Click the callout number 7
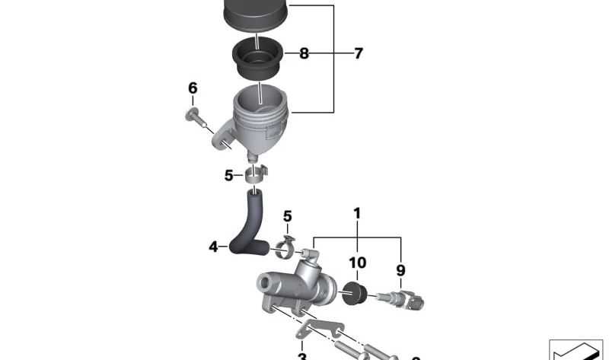[358, 53]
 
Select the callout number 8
[304, 53]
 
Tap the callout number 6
[193, 88]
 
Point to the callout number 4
[213, 246]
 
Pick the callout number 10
[357, 263]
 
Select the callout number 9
[400, 269]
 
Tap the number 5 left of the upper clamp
[228, 176]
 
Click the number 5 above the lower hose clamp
[288, 216]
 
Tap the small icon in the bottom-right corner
[576, 351]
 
